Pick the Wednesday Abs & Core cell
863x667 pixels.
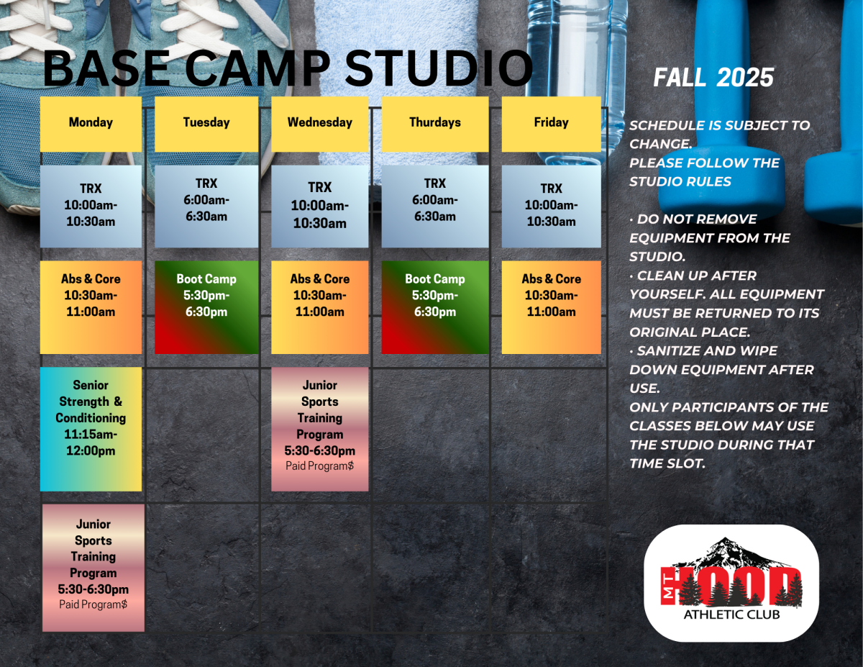(319, 307)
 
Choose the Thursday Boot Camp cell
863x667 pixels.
(434, 307)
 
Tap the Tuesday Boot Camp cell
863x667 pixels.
(206, 307)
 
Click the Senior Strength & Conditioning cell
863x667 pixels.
(91, 429)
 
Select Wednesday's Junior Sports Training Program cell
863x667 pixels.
(319, 429)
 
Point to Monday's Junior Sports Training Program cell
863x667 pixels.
(93, 567)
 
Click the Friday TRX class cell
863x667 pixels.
(551, 206)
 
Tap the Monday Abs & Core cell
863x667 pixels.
(91, 307)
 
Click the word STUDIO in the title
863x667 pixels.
(439, 70)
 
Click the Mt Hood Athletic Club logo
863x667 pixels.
(731, 583)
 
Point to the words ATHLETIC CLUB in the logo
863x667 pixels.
(731, 614)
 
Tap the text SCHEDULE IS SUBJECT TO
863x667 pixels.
(719, 125)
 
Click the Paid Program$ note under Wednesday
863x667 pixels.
(319, 466)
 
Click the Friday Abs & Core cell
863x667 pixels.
(551, 307)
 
